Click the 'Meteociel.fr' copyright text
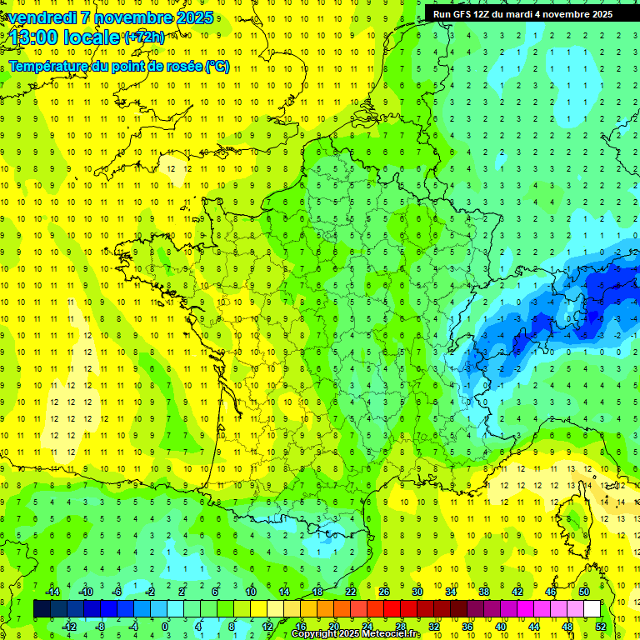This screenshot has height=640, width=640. tap(387, 634)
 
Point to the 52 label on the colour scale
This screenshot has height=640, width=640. tap(601, 626)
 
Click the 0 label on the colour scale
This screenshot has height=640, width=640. tap(165, 626)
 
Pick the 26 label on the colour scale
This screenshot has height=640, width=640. tap(384, 591)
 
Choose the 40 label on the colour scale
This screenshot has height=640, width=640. tap(501, 626)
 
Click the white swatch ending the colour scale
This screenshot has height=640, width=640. tap(592, 608)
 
